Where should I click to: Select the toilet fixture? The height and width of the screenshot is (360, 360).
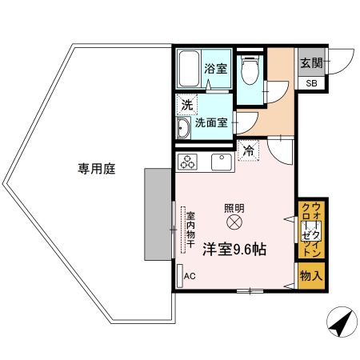point(249,73)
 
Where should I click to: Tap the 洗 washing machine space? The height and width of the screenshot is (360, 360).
point(186,104)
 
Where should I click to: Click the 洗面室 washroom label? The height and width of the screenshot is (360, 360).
point(216,125)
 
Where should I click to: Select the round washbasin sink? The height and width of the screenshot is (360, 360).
point(183,126)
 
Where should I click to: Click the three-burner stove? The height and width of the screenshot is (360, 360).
point(190,162)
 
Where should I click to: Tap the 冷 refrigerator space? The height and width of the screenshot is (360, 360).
point(249,150)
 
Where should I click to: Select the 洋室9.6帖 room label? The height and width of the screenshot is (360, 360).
point(234,250)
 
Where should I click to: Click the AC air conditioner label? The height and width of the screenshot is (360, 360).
point(190,277)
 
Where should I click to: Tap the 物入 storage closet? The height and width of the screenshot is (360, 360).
point(311,275)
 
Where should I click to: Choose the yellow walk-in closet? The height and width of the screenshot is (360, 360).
point(310,230)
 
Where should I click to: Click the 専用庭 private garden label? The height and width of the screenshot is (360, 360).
point(94,168)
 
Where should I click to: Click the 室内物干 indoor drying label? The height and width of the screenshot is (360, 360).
point(191,230)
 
